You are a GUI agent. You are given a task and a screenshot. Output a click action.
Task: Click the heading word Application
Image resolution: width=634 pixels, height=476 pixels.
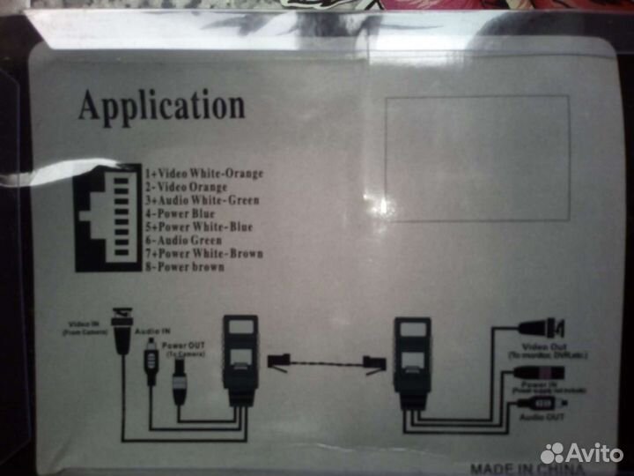pos(161,106)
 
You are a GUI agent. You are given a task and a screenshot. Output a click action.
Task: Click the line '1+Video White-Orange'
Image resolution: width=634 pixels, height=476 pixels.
pos(204,174)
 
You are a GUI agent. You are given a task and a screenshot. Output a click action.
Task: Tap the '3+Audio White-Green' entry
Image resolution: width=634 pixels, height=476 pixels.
pos(203,200)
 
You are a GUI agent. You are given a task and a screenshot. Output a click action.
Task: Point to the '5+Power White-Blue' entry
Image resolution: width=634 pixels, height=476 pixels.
pos(199,227)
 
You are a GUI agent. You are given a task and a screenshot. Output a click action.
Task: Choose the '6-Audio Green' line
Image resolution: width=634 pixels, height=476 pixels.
pos(184,240)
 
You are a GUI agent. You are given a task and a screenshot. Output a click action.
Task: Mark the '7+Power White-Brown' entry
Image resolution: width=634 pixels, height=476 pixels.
pos(203,253)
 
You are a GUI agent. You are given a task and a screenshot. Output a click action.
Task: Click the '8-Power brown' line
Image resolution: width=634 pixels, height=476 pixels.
pos(185,266)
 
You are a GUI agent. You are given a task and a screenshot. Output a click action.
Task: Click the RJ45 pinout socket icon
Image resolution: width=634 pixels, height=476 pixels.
pos(108,217)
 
